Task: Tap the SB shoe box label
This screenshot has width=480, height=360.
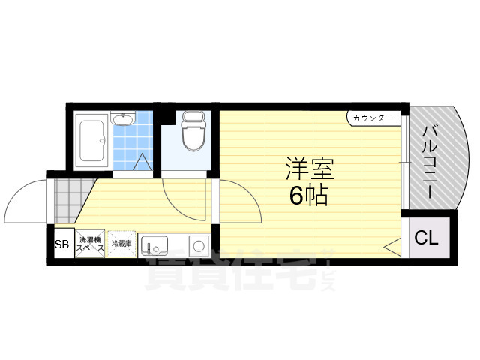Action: pyautogui.click(x=61, y=244)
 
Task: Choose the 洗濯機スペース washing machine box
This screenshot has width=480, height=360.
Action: pyautogui.click(x=89, y=244)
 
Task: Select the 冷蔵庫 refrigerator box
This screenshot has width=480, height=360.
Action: pyautogui.click(x=121, y=244)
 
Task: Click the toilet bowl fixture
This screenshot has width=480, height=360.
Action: pyautogui.click(x=193, y=137)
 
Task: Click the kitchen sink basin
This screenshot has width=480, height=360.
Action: pyautogui.click(x=156, y=245)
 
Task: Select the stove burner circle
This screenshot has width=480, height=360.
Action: pyautogui.click(x=198, y=245)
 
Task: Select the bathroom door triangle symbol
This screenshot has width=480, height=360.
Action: pyautogui.click(x=143, y=160)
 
